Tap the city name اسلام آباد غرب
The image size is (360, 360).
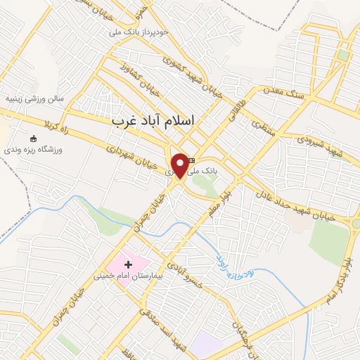coord(153,121)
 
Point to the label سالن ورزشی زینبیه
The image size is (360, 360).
coord(35,99)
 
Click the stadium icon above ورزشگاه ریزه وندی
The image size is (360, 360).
coord(33,139)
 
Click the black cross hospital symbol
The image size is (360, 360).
coord(128,264)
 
